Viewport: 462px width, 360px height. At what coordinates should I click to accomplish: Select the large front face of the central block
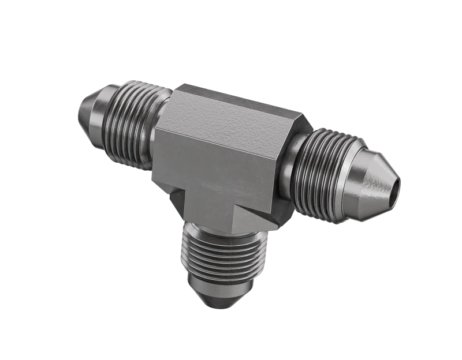click(219, 167)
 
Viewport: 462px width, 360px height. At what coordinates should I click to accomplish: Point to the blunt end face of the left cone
click(80, 110)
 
